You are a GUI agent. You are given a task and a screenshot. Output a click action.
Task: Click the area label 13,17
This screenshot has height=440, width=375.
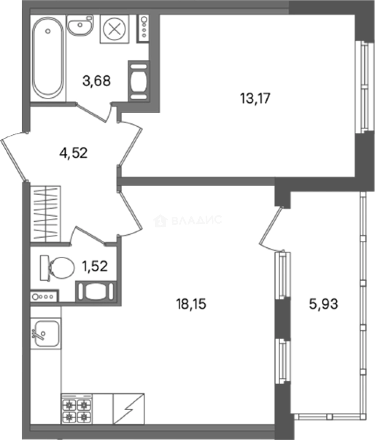[x=255, y=99]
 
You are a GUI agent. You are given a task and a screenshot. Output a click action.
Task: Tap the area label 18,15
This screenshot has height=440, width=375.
[x=191, y=304]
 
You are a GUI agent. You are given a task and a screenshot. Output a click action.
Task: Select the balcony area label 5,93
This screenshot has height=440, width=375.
[x=323, y=304]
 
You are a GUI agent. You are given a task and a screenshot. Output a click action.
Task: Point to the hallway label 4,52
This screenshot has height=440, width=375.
[x=73, y=153]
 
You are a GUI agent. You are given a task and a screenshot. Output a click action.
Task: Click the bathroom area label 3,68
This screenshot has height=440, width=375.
[x=96, y=81]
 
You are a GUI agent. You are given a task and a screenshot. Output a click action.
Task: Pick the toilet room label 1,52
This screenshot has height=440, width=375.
[x=95, y=266]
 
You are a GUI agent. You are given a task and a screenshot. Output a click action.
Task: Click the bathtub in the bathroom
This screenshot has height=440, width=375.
[x=48, y=57]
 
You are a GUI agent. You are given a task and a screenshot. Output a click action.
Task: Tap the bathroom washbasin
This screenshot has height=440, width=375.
[x=80, y=25]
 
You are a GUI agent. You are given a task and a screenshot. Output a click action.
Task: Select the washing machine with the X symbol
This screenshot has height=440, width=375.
[x=114, y=29]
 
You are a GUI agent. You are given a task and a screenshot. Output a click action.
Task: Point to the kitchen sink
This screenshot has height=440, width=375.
[x=46, y=334]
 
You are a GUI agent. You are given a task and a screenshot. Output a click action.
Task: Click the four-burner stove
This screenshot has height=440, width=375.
[x=77, y=409]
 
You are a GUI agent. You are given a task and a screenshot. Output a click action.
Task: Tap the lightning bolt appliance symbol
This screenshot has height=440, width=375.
[x=129, y=409]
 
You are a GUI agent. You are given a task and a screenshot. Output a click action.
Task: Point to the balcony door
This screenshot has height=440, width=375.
[x=271, y=229]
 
